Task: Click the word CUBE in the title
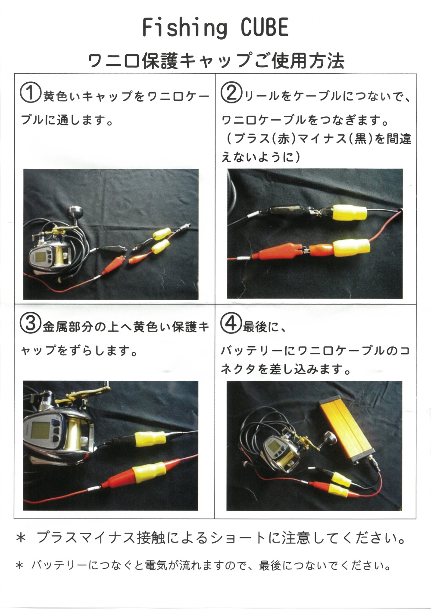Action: [x=264, y=28]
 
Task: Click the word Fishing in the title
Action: [x=184, y=28]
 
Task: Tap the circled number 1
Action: [x=30, y=93]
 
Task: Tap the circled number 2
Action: [x=231, y=93]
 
